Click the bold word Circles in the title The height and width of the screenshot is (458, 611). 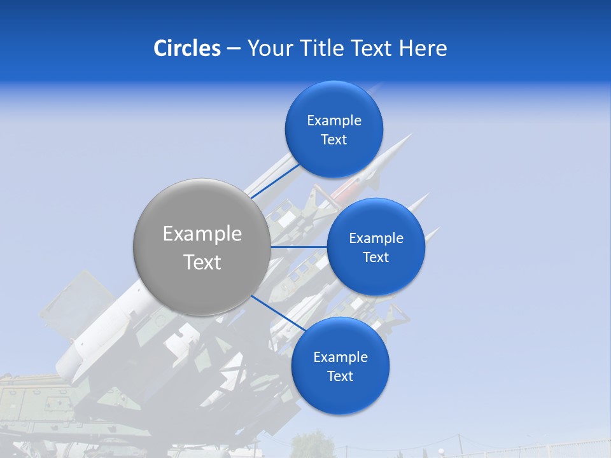(x=187, y=48)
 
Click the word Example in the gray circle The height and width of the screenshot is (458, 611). (x=202, y=234)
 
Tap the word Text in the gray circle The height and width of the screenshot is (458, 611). (x=202, y=262)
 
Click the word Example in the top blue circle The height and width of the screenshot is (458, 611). (x=334, y=121)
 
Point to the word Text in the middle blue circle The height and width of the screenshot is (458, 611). (x=376, y=258)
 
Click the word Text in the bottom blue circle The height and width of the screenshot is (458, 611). (x=341, y=377)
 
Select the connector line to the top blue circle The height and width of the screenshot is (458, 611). (x=276, y=181)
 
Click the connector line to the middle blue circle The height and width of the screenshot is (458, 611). (x=299, y=247)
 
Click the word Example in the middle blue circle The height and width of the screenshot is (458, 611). (x=376, y=239)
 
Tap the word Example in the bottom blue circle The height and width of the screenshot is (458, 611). (x=341, y=357)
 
